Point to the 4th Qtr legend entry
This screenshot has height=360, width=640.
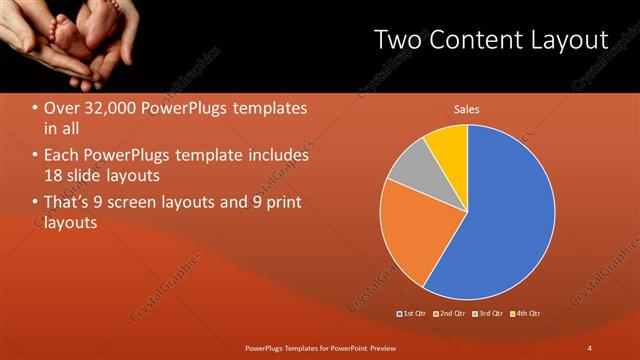(527, 314)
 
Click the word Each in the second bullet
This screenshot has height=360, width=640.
(61, 156)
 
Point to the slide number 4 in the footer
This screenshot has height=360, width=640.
(590, 347)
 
